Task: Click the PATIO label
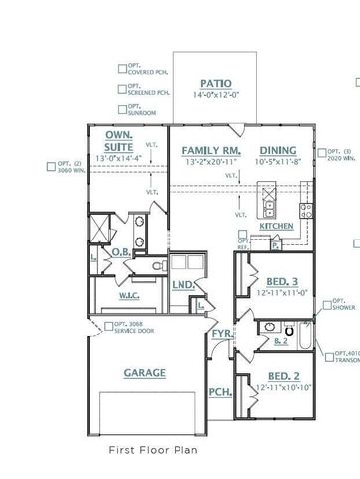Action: (x=215, y=84)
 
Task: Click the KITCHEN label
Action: (x=276, y=227)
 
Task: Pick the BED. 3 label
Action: (x=281, y=281)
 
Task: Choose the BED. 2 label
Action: (x=281, y=374)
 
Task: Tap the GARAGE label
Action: (x=144, y=372)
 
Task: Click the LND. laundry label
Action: (x=182, y=285)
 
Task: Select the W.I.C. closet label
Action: (x=129, y=294)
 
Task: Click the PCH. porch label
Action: (x=220, y=393)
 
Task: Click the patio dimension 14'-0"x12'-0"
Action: (x=215, y=96)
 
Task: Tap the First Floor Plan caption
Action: (x=153, y=451)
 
